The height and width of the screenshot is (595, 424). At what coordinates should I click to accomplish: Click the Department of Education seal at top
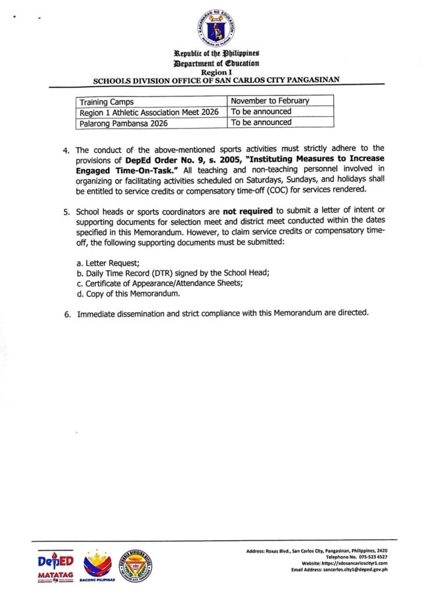216,28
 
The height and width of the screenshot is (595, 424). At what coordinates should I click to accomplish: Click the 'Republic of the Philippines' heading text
216,56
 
